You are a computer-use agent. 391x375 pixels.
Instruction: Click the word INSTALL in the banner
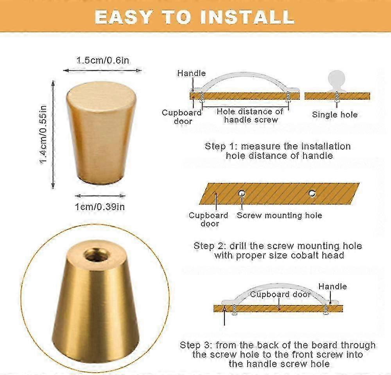(x=249, y=17)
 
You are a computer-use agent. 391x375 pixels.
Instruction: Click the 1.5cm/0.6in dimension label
(x=102, y=61)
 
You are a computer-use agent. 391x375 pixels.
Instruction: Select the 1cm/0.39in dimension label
(x=100, y=207)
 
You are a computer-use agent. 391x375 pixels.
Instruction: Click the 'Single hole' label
(x=335, y=115)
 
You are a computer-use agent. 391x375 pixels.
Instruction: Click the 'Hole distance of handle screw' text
(x=250, y=116)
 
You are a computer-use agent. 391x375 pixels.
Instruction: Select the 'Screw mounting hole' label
(x=280, y=215)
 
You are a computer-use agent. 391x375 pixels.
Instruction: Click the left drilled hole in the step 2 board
(x=242, y=193)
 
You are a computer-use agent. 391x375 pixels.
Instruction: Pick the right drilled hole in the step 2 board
(x=312, y=193)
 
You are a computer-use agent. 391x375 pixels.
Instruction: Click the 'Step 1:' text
(x=221, y=146)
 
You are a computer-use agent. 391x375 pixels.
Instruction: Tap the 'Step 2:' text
(x=210, y=246)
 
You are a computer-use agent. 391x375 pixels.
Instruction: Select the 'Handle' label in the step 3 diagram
(x=332, y=286)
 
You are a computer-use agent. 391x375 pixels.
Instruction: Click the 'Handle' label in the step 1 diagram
(x=191, y=73)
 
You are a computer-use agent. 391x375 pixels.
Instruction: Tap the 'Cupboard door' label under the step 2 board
(x=208, y=219)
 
